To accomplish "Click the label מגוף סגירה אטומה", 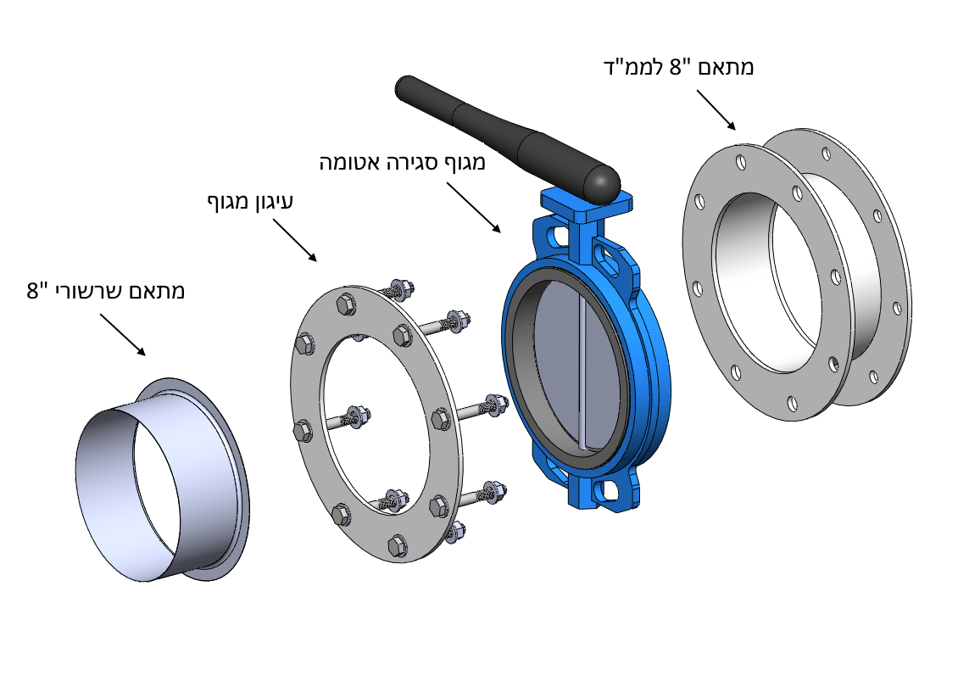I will point(402,162).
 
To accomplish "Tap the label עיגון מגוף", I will point(250,202).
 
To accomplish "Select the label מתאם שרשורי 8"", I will point(106,291).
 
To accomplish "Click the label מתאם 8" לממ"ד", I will point(677,67).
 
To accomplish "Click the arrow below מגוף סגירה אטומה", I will point(473,207).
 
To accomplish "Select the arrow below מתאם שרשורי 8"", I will point(122,334).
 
